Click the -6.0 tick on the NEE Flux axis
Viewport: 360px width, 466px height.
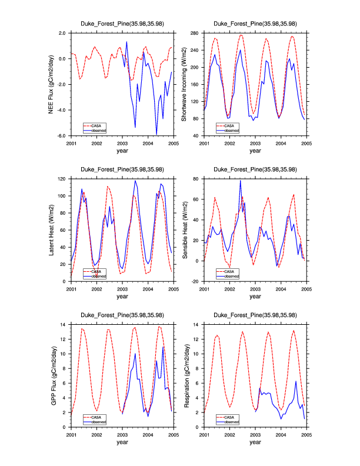(x=61, y=136)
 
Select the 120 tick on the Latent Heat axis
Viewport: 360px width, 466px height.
(x=62, y=178)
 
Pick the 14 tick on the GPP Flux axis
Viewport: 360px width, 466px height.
(x=64, y=324)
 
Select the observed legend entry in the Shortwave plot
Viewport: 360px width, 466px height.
(x=231, y=130)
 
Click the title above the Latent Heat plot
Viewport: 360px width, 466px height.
(x=122, y=169)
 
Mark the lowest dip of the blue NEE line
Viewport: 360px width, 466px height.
(x=157, y=134)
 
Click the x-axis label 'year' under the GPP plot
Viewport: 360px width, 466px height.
(x=122, y=442)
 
